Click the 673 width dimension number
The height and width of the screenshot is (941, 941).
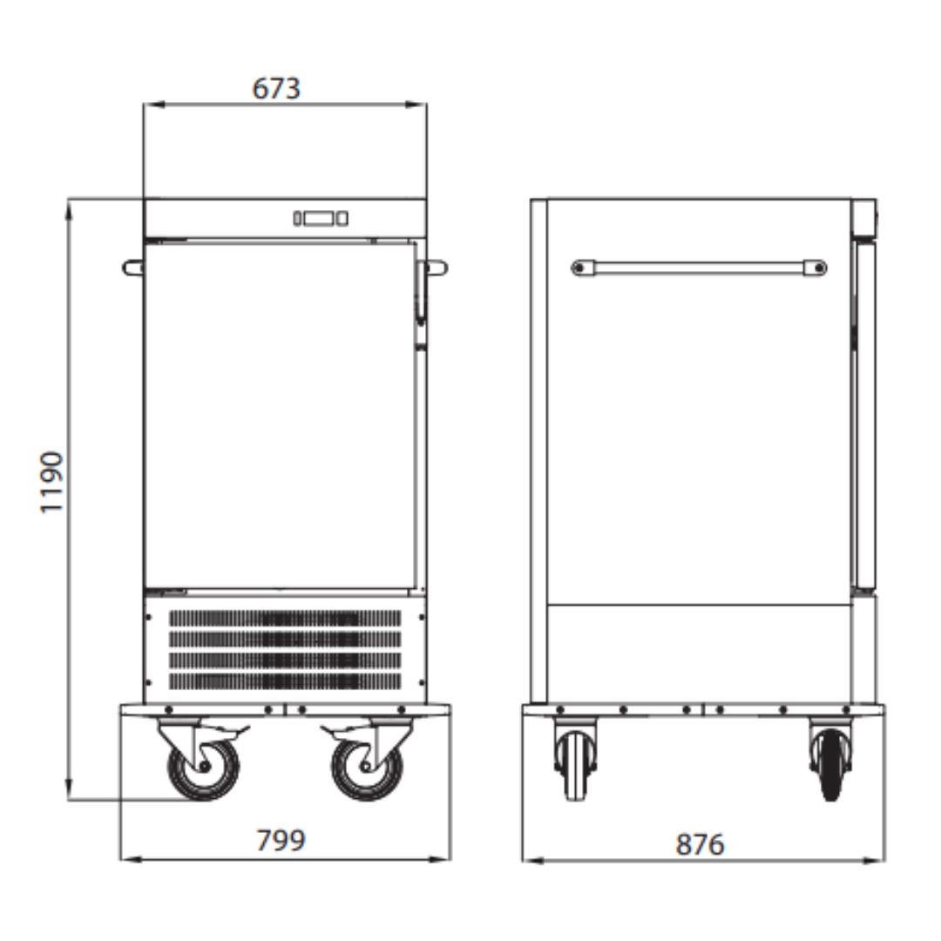276,89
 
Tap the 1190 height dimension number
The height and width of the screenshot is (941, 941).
51,482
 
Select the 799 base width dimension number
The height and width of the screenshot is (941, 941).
281,840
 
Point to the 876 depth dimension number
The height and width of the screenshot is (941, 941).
700,844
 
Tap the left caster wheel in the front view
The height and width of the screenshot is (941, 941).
203,768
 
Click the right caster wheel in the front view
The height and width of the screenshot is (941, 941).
368,768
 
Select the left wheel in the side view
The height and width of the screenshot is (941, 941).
576,765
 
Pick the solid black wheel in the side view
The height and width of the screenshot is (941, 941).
830,765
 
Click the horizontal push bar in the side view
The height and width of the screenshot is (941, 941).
699,267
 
